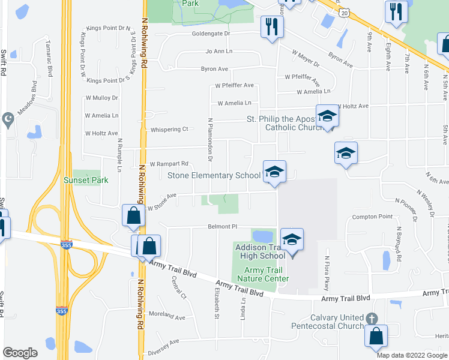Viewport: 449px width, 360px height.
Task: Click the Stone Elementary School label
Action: tap(214, 175)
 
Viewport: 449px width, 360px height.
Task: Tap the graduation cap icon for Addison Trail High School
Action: tap(292, 240)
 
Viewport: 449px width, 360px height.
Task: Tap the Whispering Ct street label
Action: tap(169, 129)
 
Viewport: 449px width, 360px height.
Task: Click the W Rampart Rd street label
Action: tap(169, 163)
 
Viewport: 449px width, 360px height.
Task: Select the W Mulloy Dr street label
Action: tap(101, 97)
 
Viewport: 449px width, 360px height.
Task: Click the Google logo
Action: tap(20, 353)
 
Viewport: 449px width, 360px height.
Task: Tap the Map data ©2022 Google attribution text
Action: tap(412, 355)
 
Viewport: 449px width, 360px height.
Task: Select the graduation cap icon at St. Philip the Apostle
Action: tap(328, 116)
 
